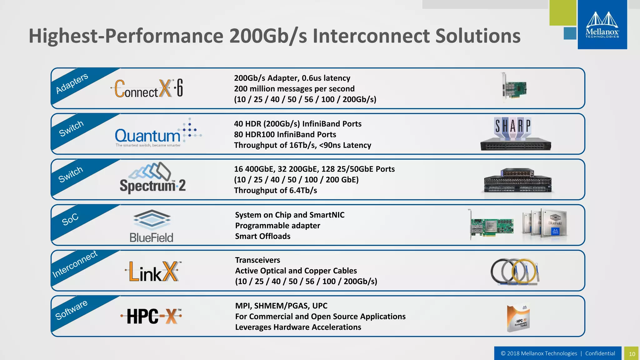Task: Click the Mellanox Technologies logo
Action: (602, 25)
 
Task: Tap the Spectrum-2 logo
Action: (152, 178)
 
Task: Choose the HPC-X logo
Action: (151, 316)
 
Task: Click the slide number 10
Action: (632, 354)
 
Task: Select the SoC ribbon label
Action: (70, 219)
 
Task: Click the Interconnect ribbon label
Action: (75, 264)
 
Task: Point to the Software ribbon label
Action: (71, 310)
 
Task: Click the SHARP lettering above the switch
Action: (513, 126)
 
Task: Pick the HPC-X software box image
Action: (518, 318)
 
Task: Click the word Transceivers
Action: (257, 260)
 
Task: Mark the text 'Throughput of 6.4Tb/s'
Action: (275, 190)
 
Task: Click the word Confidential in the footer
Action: (600, 353)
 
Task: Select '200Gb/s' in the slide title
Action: (268, 36)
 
